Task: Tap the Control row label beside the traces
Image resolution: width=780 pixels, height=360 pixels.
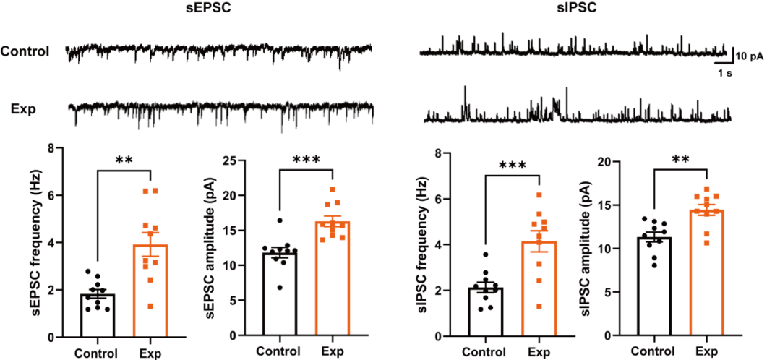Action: pos(25,51)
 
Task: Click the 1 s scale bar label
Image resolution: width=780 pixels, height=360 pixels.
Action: pos(724,74)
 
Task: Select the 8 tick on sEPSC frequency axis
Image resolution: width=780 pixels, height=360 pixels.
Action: pos(51,149)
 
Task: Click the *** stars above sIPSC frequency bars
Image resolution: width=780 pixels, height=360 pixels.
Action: pos(512,165)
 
